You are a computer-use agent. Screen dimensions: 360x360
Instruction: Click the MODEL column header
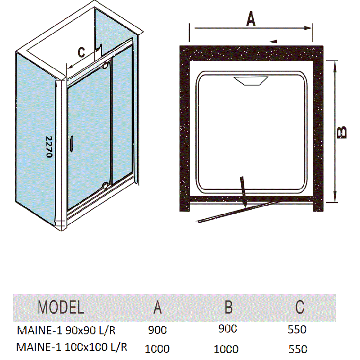click(x=61, y=307)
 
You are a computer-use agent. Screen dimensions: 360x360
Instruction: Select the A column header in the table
click(x=157, y=307)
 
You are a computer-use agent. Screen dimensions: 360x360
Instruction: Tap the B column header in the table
click(x=229, y=307)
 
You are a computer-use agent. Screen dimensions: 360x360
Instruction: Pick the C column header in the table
click(x=300, y=307)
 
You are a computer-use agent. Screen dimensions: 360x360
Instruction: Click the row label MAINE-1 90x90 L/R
click(x=66, y=331)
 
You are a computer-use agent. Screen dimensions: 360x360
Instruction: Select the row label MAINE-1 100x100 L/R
click(x=72, y=347)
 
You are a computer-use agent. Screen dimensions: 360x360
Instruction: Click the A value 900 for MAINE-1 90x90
click(x=157, y=330)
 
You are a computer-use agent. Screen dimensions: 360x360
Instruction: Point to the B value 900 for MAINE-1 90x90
click(x=228, y=329)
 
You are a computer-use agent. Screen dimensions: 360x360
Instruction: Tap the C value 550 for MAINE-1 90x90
click(x=297, y=330)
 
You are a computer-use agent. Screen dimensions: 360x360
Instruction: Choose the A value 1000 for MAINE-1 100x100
click(x=157, y=349)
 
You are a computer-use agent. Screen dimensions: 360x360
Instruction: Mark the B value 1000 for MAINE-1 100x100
click(x=226, y=350)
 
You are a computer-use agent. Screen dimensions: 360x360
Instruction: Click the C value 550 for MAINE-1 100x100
click(x=298, y=349)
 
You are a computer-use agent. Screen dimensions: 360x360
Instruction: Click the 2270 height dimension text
click(x=49, y=147)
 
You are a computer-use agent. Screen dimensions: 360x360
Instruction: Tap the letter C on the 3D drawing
click(x=81, y=52)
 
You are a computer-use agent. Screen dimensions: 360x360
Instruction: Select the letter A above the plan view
click(x=251, y=19)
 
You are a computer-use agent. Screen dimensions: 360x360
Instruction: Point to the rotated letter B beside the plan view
click(x=342, y=132)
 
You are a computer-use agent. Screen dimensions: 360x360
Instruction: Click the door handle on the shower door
click(x=72, y=144)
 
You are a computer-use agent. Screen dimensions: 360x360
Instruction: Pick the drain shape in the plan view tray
click(x=251, y=81)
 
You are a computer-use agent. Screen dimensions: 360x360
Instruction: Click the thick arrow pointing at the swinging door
click(x=243, y=192)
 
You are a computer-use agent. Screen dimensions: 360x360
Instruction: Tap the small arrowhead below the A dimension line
click(x=274, y=41)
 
